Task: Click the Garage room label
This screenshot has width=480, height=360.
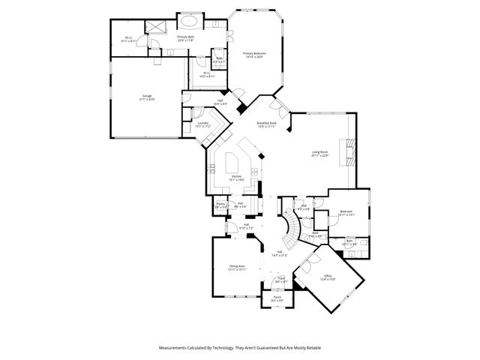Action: click(147, 97)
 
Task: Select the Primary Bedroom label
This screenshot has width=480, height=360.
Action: click(255, 55)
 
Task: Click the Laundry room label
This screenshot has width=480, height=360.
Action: click(202, 124)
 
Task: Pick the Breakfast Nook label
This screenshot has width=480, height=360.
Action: click(267, 124)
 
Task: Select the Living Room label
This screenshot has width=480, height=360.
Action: click(320, 154)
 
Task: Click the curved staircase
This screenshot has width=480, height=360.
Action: click(291, 225)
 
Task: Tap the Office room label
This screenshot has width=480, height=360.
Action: click(328, 277)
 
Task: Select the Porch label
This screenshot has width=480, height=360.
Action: click(277, 299)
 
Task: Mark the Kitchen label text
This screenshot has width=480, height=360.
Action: click(236, 178)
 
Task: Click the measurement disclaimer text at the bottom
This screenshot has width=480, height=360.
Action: click(239, 348)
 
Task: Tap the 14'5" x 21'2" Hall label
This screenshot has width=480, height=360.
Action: click(279, 253)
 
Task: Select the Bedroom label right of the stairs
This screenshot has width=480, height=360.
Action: click(346, 213)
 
